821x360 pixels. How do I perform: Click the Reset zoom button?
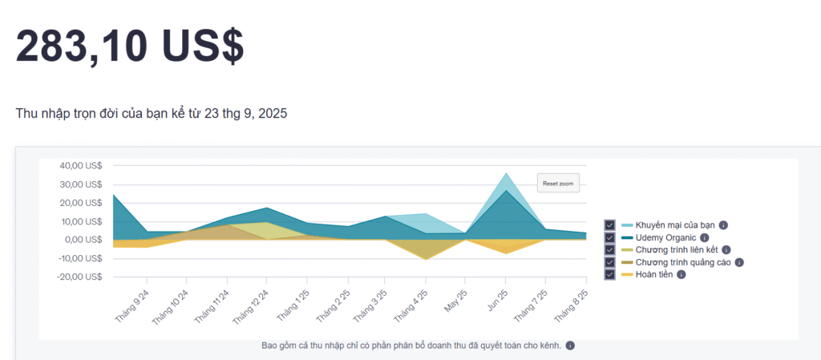[557, 184]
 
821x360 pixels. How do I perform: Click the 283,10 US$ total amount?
[130, 46]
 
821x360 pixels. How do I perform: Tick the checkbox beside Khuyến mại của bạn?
[610, 225]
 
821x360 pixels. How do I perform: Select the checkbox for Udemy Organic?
[610, 237]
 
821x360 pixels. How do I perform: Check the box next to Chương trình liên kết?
[610, 249]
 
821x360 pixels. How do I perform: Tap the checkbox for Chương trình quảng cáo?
[610, 262]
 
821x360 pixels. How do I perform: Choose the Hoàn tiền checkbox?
[610, 274]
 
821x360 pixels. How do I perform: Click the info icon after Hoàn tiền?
[681, 274]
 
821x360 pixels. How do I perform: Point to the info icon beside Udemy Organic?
[705, 237]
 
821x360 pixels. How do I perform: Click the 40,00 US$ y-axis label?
[81, 166]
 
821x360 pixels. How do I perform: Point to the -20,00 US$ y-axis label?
[79, 277]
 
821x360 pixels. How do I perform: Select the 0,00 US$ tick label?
[83, 240]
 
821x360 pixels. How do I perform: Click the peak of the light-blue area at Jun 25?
[506, 173]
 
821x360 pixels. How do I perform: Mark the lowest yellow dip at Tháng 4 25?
[426, 259]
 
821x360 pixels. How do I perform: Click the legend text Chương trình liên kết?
[682, 249]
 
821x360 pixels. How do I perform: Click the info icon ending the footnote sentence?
[570, 346]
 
